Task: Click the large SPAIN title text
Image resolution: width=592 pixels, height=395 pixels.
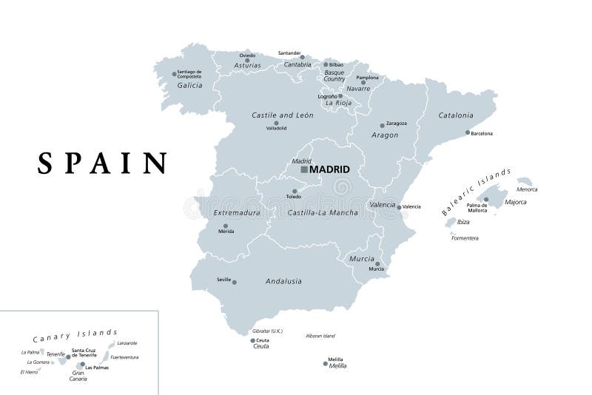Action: (103, 162)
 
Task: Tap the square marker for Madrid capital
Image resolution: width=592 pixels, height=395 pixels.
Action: (304, 169)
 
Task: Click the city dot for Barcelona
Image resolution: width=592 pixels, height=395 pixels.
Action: (468, 133)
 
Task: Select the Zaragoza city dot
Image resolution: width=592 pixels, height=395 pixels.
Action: (383, 126)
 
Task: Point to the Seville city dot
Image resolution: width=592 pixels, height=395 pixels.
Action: (235, 282)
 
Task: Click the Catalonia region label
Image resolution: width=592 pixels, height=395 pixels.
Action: (455, 115)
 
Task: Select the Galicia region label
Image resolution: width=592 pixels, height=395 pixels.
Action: (189, 85)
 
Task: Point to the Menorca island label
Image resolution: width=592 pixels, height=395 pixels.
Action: (527, 189)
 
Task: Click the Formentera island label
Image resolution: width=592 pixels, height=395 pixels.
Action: (465, 238)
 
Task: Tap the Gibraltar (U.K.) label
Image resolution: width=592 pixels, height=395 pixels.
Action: (266, 331)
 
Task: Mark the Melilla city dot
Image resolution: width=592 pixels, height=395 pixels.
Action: (325, 362)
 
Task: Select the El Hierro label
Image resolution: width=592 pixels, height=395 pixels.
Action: (30, 372)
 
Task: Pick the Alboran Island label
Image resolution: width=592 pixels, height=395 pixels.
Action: (320, 336)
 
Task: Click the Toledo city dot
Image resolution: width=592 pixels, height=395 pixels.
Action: (295, 192)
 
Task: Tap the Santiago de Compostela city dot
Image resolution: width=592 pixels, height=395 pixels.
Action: (175, 74)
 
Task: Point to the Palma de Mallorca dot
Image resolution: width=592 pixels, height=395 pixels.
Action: (486, 200)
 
